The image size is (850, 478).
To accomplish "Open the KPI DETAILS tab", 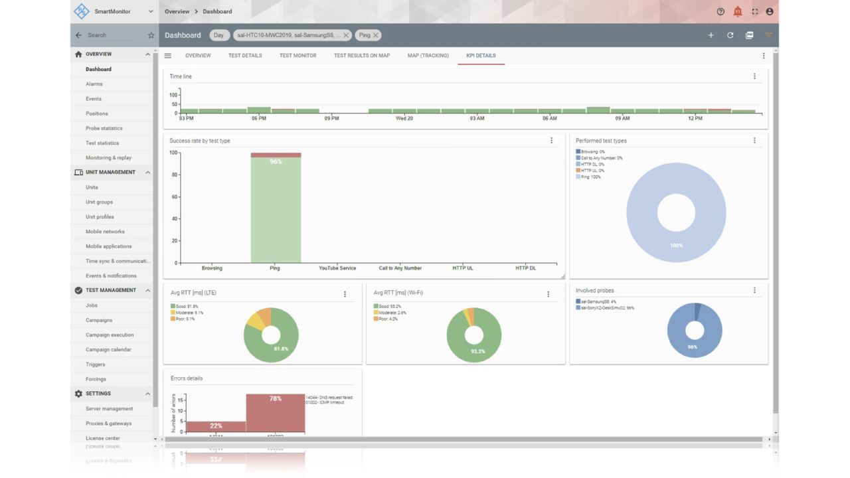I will (481, 56).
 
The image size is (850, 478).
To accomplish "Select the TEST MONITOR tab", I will (297, 56).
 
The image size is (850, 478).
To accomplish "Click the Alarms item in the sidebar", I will (94, 84).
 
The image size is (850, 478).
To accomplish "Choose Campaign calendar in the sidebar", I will (108, 350).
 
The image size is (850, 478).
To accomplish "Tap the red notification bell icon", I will (738, 12).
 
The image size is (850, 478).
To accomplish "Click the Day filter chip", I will (218, 35).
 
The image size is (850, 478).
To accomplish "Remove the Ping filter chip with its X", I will (376, 35).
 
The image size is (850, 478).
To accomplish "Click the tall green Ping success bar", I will (276, 212).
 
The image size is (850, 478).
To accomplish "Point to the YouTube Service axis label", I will (337, 268).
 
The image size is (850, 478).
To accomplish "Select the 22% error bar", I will (216, 426).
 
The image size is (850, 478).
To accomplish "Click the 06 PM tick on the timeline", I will (259, 118).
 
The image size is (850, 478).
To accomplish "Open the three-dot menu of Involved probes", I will (754, 291).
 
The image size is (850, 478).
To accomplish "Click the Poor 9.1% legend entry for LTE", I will (183, 319).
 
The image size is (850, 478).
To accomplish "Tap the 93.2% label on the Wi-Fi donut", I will (473, 351).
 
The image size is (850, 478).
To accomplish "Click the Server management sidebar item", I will (109, 409).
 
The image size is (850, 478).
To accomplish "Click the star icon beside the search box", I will (151, 35).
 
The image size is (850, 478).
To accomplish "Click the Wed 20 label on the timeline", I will (404, 118).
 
